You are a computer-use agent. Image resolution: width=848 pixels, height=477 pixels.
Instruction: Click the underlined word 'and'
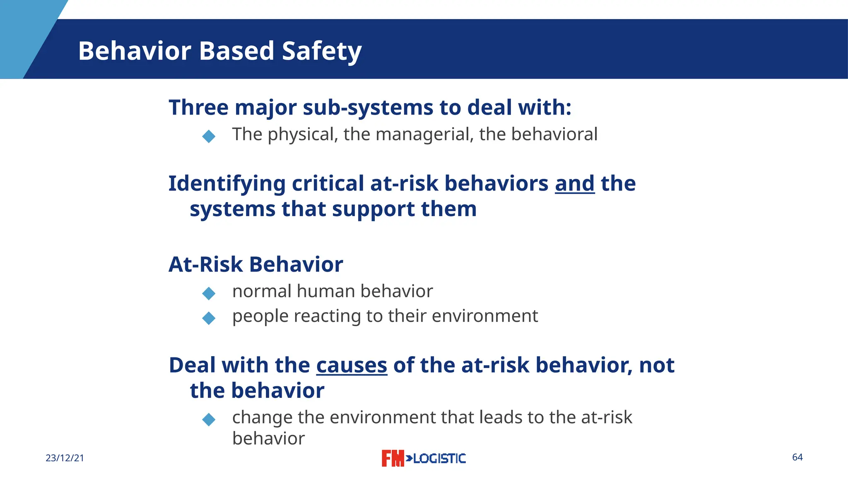(x=575, y=183)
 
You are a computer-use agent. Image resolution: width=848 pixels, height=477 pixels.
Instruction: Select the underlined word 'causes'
(x=352, y=365)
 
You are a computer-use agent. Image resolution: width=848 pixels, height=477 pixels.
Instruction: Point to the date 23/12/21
(x=65, y=458)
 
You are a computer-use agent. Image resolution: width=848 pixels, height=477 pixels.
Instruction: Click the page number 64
(x=797, y=457)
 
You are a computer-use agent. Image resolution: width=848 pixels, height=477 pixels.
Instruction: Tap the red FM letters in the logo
(x=392, y=458)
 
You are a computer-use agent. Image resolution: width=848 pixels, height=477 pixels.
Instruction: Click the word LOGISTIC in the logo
(x=439, y=458)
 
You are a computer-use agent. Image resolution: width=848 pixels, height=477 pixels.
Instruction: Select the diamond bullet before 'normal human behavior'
(x=209, y=293)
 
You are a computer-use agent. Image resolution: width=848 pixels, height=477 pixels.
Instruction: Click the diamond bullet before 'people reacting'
(x=209, y=318)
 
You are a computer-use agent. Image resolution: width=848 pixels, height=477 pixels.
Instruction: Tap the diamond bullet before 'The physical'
(x=209, y=136)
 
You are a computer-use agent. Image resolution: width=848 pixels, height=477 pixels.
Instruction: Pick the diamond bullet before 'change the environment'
(x=209, y=419)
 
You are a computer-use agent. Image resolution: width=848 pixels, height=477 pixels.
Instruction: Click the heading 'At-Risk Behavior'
(x=255, y=264)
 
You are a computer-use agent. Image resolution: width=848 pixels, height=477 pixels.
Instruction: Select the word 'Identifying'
(x=227, y=184)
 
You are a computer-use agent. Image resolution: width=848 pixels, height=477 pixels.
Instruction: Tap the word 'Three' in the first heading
(x=198, y=107)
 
